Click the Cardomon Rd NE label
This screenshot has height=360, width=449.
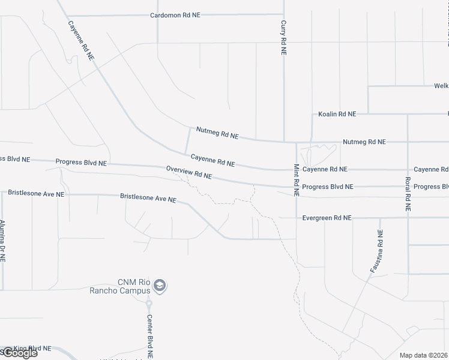coord(175,15)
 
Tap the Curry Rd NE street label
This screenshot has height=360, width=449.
coord(283,38)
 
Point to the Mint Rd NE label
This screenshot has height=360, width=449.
coord(297,181)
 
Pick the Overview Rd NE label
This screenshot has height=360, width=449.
coord(190,173)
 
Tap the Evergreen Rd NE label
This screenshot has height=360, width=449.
coord(327,218)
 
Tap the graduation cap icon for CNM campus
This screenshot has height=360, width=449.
coord(160,286)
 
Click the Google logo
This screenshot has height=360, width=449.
coord(19,353)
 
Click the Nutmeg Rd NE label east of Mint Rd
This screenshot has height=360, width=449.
coord(364,142)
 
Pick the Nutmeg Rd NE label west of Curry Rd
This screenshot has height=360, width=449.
coord(217,133)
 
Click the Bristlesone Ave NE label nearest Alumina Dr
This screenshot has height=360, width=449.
coord(36,193)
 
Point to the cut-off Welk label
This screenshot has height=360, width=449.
coord(441,86)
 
